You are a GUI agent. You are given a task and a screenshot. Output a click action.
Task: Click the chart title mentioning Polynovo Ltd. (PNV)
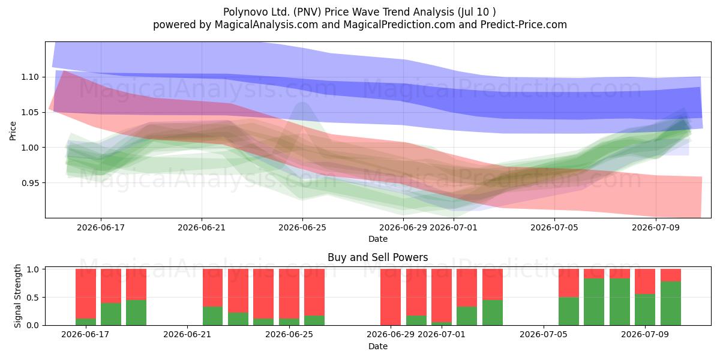(359, 12)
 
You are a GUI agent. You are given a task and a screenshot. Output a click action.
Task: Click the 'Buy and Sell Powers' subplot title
(377, 257)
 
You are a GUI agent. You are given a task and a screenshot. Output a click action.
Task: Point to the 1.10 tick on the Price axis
(30, 77)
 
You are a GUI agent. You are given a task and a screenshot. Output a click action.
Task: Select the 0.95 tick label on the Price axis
(30, 183)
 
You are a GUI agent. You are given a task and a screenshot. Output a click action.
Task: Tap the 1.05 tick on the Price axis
(30, 113)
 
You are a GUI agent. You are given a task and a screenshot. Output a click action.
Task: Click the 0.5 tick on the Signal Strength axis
(32, 298)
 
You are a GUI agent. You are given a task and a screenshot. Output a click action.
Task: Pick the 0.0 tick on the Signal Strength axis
(32, 325)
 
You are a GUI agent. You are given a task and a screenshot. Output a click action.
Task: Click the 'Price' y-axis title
(13, 131)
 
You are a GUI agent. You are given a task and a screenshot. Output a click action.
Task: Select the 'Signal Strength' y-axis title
(17, 296)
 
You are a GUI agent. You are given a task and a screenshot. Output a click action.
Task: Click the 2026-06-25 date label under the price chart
(302, 227)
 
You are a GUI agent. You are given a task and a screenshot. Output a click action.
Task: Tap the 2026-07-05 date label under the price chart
(554, 227)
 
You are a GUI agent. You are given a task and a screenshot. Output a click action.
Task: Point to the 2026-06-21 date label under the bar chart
(187, 334)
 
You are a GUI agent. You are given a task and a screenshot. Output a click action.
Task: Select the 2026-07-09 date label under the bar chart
(645, 334)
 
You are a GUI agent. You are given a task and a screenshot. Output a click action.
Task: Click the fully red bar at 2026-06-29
(391, 297)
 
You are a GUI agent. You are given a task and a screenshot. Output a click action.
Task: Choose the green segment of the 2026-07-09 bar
(645, 310)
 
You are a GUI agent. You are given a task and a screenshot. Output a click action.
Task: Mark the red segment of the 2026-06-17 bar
(86, 294)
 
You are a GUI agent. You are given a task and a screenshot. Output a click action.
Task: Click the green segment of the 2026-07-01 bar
(442, 323)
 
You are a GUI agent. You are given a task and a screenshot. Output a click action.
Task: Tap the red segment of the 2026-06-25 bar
(289, 294)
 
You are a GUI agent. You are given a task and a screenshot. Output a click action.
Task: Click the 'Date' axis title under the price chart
(377, 239)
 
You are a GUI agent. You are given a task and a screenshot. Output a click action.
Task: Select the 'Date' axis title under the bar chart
(377, 346)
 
